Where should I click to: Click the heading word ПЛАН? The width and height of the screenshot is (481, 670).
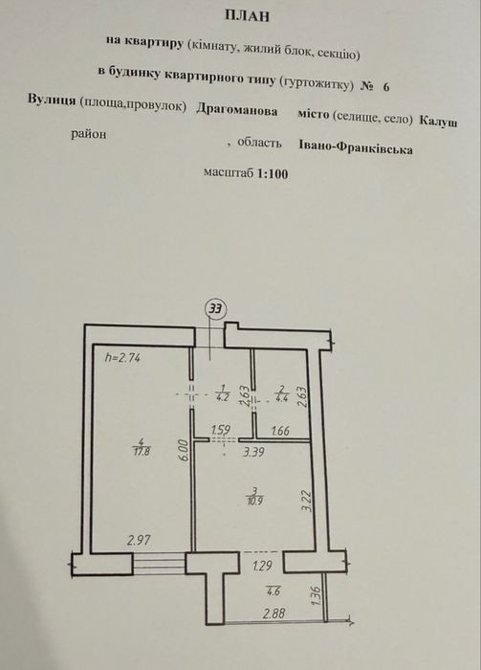(x=247, y=16)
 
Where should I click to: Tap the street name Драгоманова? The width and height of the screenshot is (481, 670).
(x=237, y=110)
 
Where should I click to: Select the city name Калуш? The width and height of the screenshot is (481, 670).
(x=438, y=121)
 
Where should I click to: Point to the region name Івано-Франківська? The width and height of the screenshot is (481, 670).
(x=356, y=147)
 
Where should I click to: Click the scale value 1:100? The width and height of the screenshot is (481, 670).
(x=272, y=173)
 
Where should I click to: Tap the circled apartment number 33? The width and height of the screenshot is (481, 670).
(x=216, y=309)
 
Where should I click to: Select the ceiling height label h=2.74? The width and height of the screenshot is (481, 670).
(x=123, y=358)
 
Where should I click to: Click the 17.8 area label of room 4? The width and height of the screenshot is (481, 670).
(x=142, y=452)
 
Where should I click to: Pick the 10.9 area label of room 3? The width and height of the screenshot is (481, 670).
(x=254, y=500)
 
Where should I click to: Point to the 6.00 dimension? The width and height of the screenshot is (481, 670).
(x=183, y=451)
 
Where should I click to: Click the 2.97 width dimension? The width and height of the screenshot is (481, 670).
(x=139, y=540)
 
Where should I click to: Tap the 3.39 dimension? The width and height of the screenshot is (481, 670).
(x=254, y=451)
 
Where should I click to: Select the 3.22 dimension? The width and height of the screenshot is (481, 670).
(x=308, y=502)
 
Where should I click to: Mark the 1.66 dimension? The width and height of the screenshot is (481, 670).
(x=280, y=431)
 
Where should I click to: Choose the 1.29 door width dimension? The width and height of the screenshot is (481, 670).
(x=262, y=567)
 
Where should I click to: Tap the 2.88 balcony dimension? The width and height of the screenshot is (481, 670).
(x=274, y=614)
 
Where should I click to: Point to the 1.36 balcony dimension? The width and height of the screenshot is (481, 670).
(x=317, y=595)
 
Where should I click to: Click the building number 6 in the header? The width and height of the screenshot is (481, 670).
(x=386, y=87)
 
